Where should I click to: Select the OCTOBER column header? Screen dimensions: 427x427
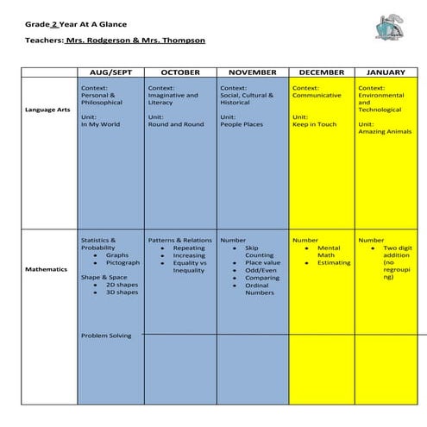click(x=179, y=72)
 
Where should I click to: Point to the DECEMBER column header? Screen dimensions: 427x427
click(x=321, y=72)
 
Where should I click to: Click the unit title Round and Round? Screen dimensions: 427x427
click(x=175, y=124)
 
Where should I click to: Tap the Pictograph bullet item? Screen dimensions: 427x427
click(x=122, y=262)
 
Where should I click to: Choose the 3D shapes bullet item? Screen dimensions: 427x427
click(x=122, y=292)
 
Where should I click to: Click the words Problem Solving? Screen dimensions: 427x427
click(x=106, y=336)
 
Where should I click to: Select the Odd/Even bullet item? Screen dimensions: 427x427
click(x=260, y=270)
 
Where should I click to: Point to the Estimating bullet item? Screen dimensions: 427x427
click(x=334, y=262)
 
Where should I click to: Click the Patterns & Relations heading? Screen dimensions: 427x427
click(x=179, y=240)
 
